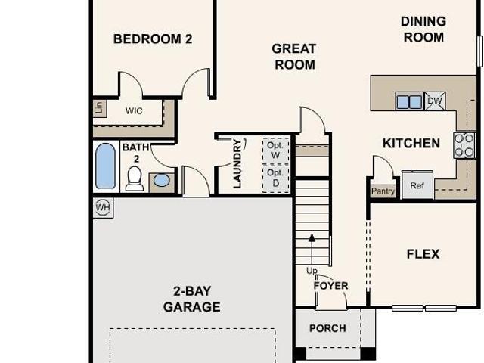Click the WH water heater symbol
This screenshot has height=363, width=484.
coord(103,207)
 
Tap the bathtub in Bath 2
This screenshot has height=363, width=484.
coord(106,166)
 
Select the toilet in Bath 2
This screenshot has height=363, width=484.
coord(135,178)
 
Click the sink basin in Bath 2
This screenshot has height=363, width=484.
coord(162,180)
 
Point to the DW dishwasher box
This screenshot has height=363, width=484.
coord(435,101)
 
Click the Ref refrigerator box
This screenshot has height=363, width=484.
coord(417,185)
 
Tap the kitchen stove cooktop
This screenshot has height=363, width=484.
coord(464,145)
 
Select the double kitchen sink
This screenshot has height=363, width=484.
coord(409,101)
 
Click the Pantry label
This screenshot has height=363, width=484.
coord(383,191)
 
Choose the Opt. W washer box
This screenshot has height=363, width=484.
coord(275,150)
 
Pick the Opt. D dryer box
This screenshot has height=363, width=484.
coord(275,178)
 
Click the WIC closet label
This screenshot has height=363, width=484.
coord(134,110)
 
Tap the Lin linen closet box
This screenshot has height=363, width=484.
coord(99,108)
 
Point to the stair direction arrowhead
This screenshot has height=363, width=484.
coord(312,237)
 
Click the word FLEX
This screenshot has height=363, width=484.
coord(423,254)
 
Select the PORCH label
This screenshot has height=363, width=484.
coord(327,328)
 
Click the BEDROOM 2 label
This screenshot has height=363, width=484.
coord(153,39)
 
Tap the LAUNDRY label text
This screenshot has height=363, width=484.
coord(237,163)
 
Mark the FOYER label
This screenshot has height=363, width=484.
coord(330,286)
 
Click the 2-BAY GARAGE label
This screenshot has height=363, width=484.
coord(191,299)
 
